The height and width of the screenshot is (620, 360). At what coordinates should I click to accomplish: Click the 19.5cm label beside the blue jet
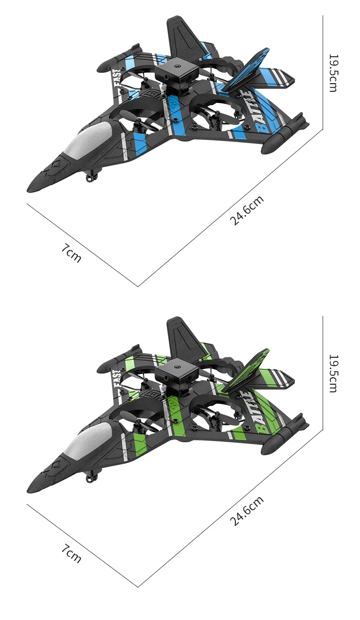point(333,73)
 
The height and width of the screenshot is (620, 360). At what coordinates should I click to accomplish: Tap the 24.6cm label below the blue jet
point(247,211)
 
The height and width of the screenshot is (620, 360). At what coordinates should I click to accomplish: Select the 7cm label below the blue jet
point(72,253)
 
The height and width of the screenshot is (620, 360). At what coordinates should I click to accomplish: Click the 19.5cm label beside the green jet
point(333,373)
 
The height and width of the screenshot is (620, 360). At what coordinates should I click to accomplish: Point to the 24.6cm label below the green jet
point(247,511)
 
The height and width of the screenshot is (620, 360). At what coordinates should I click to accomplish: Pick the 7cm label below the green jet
point(72,553)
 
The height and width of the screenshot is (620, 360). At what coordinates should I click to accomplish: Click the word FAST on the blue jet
point(117,79)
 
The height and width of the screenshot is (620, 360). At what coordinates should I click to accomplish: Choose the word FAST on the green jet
point(117,380)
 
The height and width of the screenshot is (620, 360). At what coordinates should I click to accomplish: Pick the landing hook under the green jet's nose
point(92,477)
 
